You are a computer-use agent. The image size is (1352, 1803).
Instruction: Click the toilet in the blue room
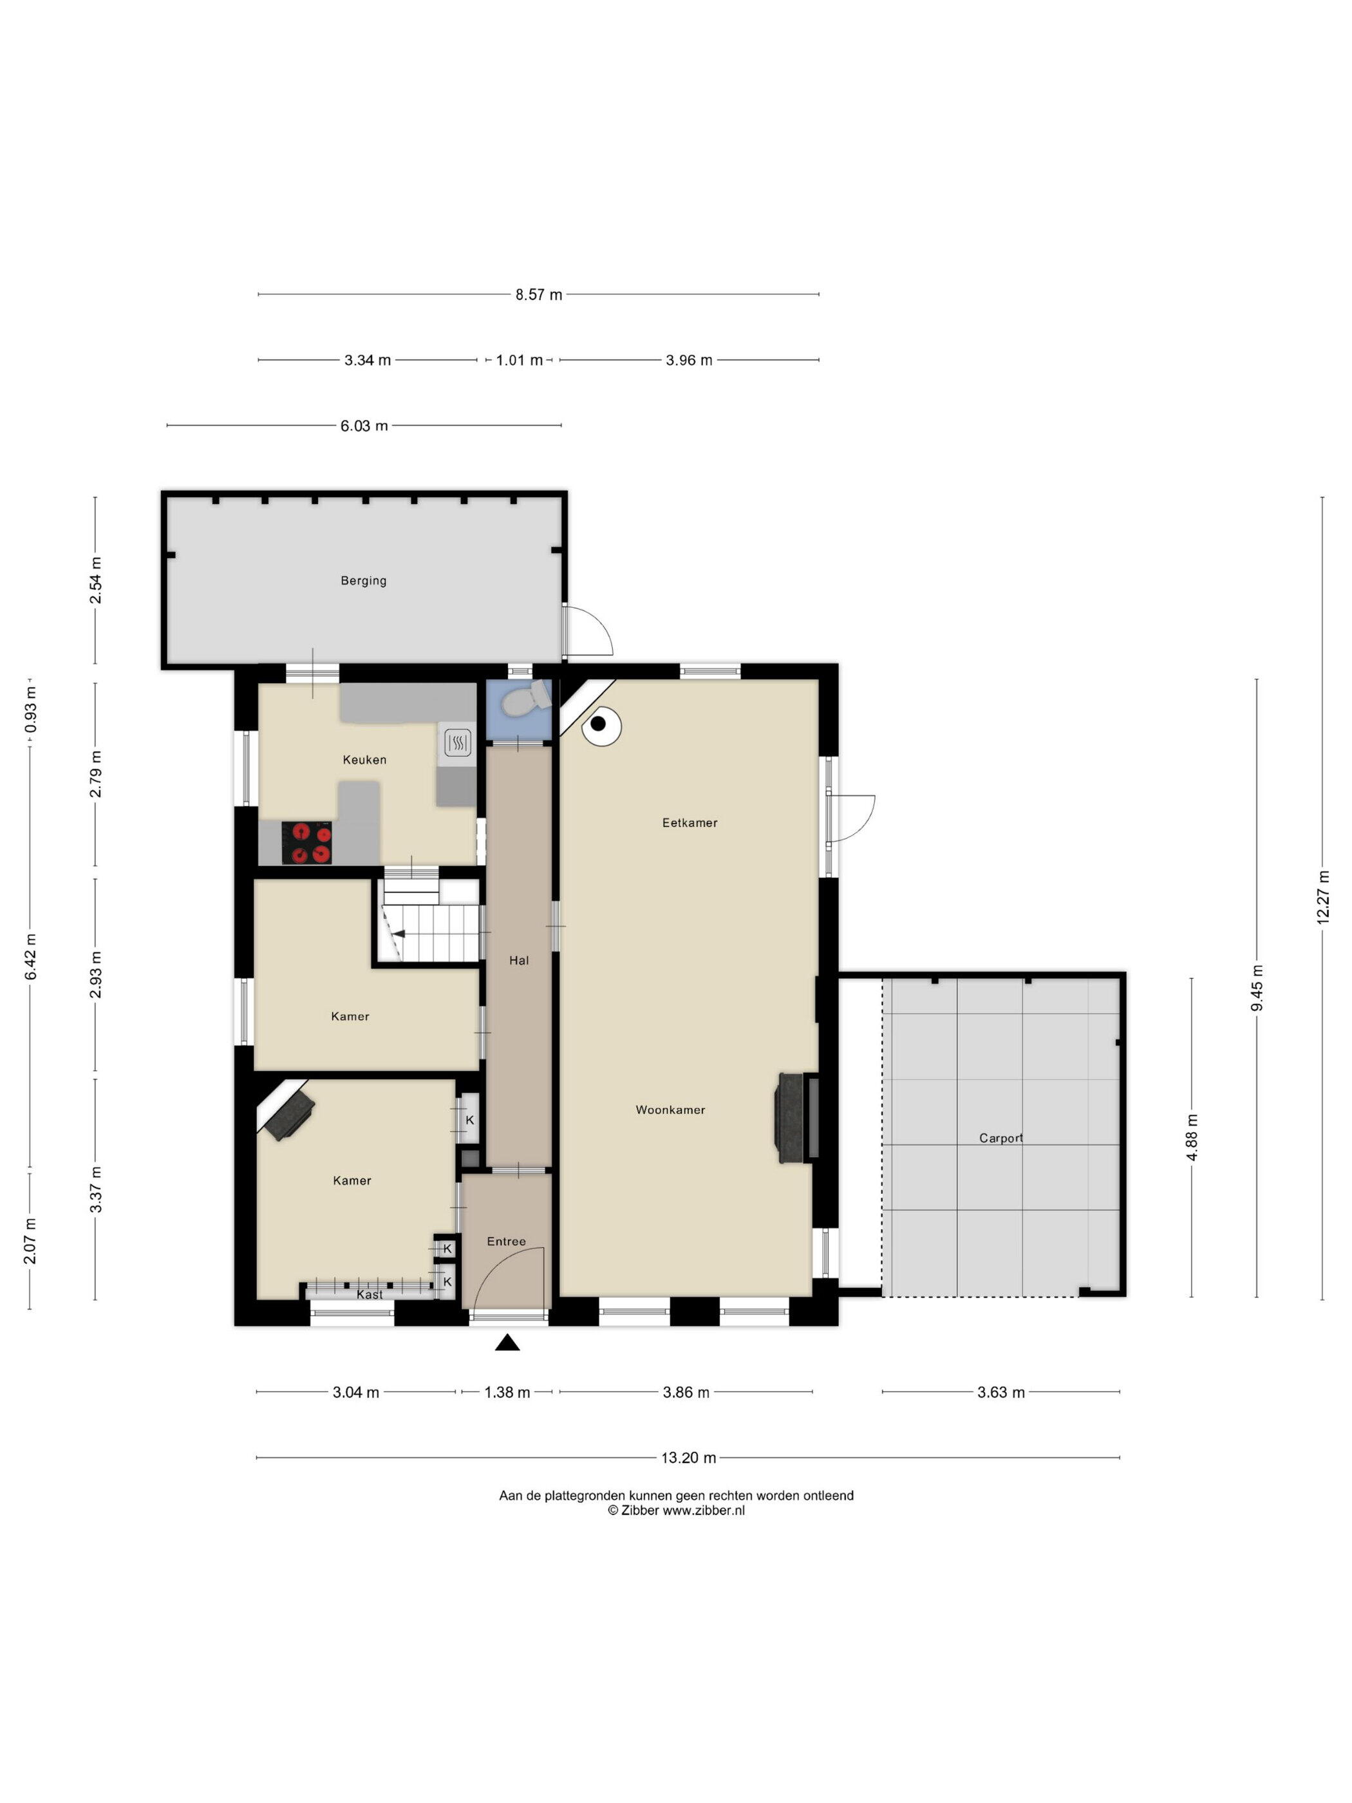525,699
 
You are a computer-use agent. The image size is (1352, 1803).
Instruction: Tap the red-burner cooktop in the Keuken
306,842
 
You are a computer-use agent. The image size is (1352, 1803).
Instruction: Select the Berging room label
364,580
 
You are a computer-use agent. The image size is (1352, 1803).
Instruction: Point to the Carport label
1000,1138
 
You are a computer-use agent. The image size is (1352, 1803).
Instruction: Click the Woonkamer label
670,1109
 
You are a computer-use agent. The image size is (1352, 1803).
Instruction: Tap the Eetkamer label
690,822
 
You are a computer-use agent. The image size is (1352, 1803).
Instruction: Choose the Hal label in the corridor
518,960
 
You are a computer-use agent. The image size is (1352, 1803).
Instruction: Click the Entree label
506,1241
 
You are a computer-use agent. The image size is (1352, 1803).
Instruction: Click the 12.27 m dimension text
1322,896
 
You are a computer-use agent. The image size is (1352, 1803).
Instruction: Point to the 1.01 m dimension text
519,359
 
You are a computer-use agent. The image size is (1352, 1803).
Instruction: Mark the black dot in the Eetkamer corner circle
598,723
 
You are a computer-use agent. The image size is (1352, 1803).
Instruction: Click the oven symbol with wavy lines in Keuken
457,742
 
